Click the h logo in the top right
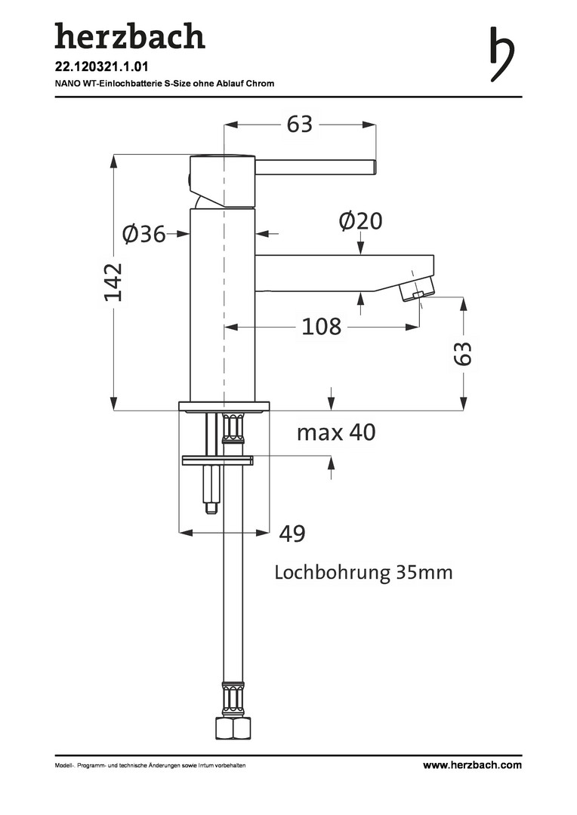pos(502,54)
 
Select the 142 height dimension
pos(113,282)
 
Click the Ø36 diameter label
pos(144,234)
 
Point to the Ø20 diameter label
pos(360,221)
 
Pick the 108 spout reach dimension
pos(322,327)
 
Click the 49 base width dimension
pos(292,534)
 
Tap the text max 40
pos(336,432)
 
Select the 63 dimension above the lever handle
pos(300,125)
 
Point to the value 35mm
pos(424,572)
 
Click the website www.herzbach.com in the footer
pos(472,764)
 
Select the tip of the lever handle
pos(374,168)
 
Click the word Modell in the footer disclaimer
pos(63,765)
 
